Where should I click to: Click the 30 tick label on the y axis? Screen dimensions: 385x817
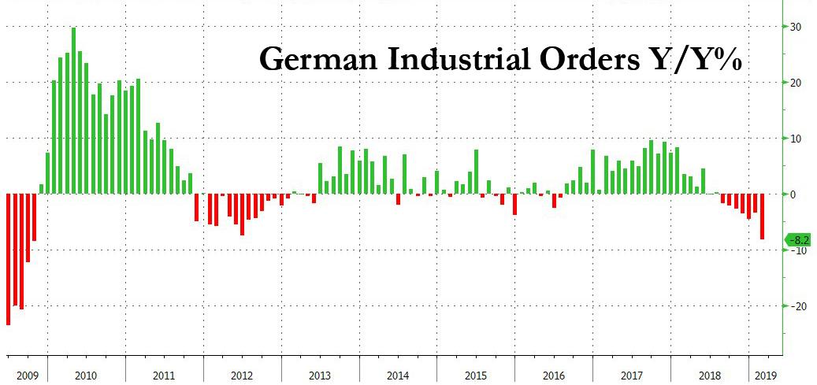coord(796,27)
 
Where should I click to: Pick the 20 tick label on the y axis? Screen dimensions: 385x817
coord(796,83)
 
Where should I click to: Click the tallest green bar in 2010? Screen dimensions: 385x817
coord(73,110)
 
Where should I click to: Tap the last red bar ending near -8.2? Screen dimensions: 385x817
coord(762,216)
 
